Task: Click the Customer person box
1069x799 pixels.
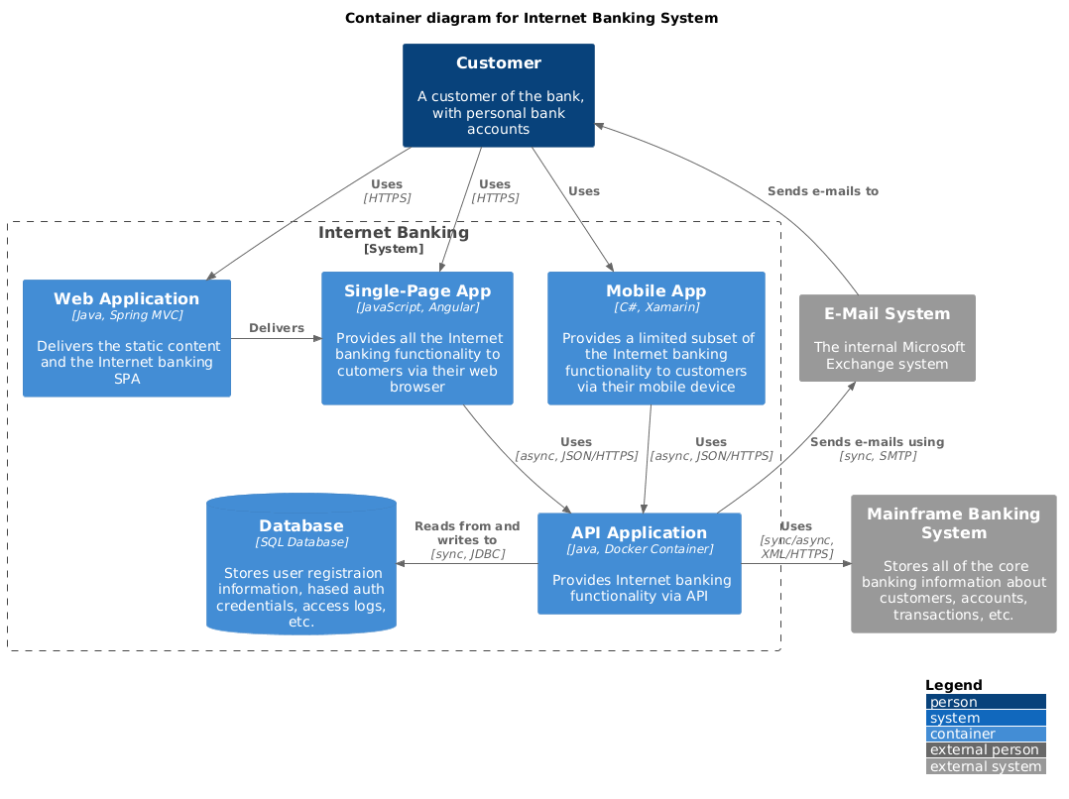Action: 498,95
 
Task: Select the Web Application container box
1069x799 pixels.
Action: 127,338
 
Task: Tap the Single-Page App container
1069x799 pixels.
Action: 417,338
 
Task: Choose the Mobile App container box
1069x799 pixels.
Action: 655,338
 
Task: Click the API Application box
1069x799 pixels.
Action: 639,563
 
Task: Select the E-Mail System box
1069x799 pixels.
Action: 887,338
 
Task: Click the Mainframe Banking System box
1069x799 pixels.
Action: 953,563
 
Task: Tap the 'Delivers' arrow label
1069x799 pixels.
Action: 277,328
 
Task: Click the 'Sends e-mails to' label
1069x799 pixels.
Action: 822,191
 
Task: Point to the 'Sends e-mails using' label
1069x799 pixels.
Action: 877,442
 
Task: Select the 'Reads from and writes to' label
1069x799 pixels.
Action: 467,533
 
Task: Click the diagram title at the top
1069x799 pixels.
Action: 532,18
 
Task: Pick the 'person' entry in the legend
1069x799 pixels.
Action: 985,702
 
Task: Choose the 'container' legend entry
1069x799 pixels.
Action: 985,734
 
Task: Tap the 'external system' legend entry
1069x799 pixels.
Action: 985,766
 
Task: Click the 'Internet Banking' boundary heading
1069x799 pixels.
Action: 394,233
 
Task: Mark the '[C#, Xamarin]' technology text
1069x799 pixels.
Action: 655,307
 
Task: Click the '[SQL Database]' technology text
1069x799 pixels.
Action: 301,542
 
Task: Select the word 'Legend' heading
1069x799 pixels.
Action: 953,685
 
